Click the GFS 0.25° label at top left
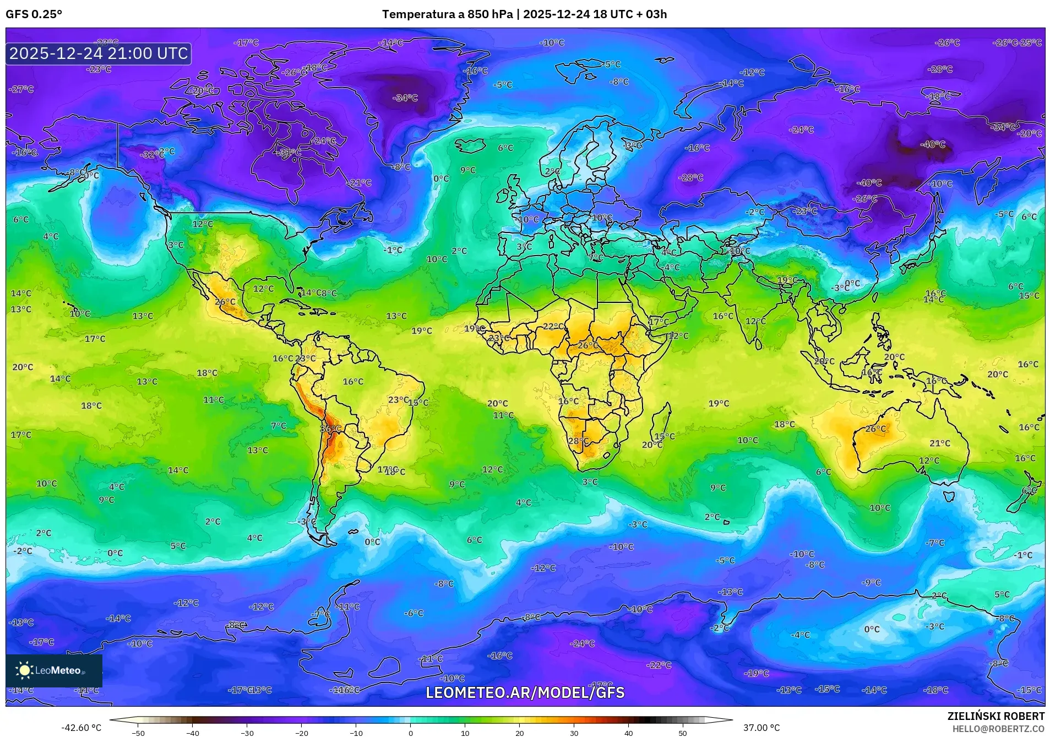coord(34,14)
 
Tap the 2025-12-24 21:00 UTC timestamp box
coord(99,53)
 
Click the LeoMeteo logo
coord(54,670)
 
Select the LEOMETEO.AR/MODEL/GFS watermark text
coord(525,692)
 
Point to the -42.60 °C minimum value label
coord(81,728)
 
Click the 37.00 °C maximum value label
coord(761,728)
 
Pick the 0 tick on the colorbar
coord(410,733)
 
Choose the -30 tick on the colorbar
coord(247,733)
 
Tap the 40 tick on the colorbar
coord(628,733)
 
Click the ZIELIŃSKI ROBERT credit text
coord(995,716)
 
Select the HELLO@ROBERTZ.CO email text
coord(998,729)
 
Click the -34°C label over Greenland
coord(405,98)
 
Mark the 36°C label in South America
coord(330,429)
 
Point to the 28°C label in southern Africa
coord(578,441)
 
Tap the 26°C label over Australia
coord(875,429)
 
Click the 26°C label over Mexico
coord(225,302)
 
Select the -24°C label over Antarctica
coord(582,643)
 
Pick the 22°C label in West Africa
coord(553,326)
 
